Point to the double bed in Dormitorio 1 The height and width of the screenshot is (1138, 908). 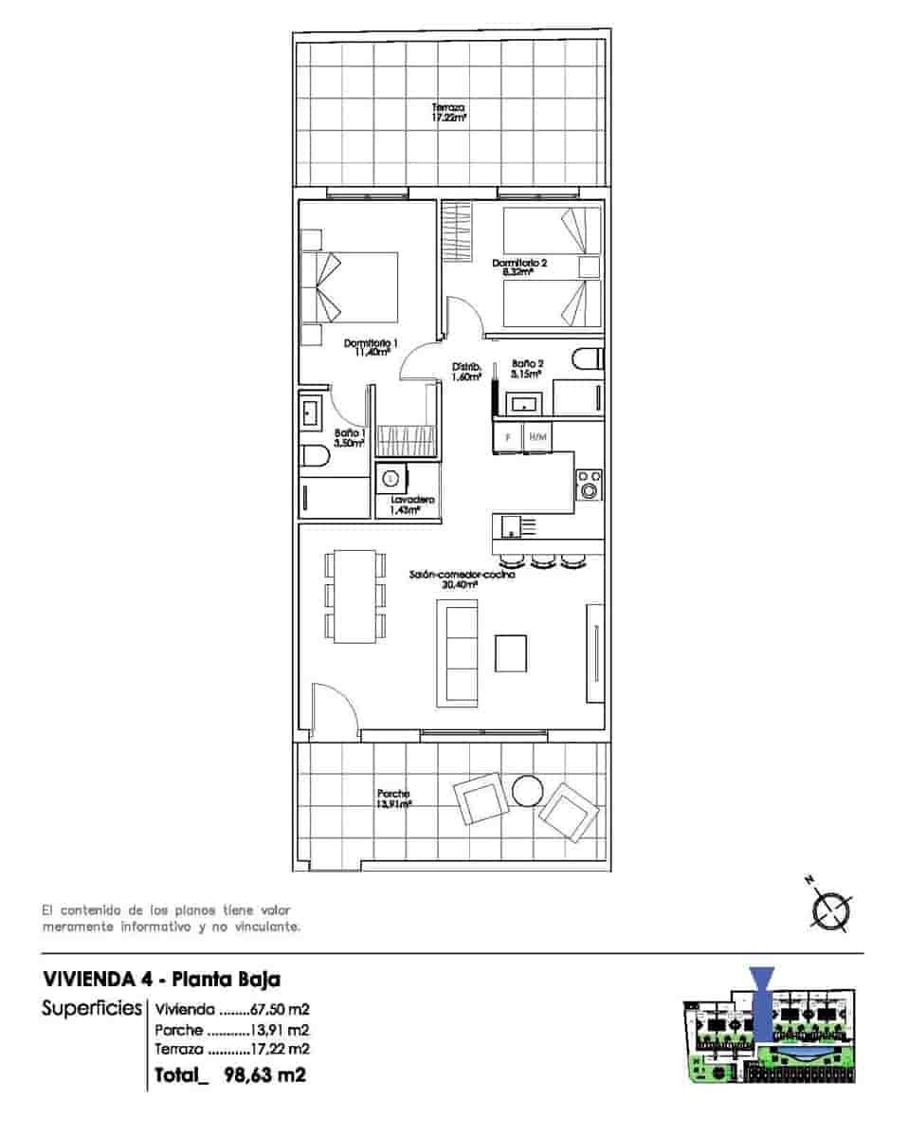click(x=349, y=287)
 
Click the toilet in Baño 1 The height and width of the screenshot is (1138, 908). click(x=314, y=458)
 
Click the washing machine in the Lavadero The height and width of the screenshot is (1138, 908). click(x=391, y=478)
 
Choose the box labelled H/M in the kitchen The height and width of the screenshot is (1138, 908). click(x=537, y=437)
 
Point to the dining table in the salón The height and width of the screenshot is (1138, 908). click(x=355, y=595)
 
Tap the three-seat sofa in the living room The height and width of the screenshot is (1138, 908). click(x=457, y=654)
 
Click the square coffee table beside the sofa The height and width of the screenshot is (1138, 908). click(x=513, y=653)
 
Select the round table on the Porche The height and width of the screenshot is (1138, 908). click(x=527, y=790)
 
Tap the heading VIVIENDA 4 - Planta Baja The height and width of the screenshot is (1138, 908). click(x=162, y=979)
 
